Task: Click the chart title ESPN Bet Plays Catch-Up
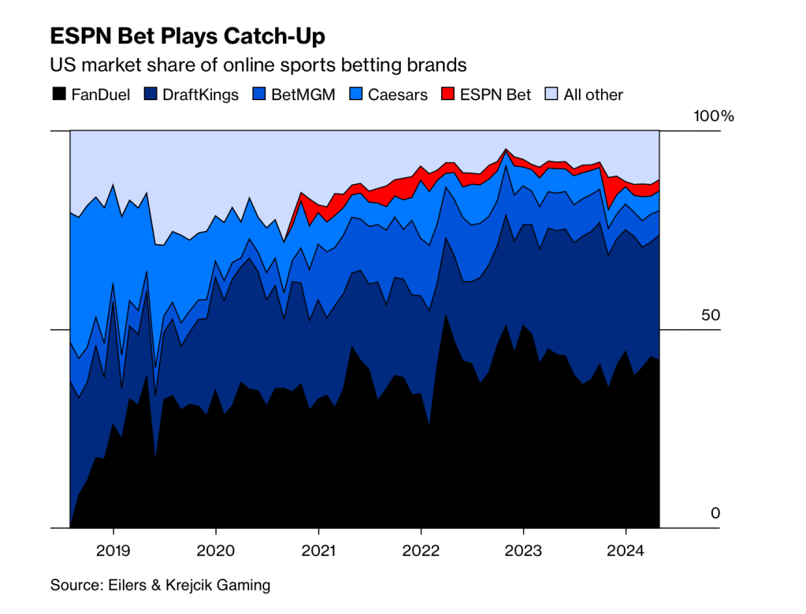tap(188, 36)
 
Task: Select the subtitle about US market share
tap(258, 65)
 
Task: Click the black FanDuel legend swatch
tap(58, 94)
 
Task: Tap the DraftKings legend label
tap(200, 94)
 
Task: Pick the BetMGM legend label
tap(303, 94)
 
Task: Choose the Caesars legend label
tap(398, 94)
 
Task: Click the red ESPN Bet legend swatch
tap(448, 94)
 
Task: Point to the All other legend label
tap(593, 94)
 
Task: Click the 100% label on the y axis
tap(713, 117)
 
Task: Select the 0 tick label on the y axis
tap(715, 513)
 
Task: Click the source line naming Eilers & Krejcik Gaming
tap(160, 585)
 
